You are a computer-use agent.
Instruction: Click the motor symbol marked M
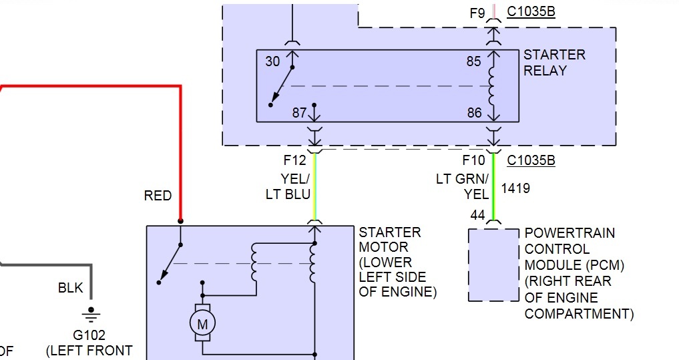202,323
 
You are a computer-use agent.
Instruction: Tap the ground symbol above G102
91,315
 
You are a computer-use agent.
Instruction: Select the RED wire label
158,196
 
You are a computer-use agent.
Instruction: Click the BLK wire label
70,288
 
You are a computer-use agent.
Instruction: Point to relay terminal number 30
272,61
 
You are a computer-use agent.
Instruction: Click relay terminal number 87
299,113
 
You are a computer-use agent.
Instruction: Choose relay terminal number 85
474,61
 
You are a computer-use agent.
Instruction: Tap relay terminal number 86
474,113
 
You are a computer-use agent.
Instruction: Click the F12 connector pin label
294,160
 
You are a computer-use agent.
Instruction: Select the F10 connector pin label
473,160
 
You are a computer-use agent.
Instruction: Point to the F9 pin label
477,13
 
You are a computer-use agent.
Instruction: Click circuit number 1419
515,188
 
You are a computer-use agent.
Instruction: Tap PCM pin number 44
477,215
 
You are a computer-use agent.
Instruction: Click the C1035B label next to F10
531,160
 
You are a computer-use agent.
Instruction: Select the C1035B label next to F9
531,11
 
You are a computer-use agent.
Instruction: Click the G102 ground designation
89,335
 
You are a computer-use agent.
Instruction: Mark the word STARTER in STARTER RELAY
554,55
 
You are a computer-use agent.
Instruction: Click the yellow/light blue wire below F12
315,187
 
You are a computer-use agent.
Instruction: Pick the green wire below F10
493,187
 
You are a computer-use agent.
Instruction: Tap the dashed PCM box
469,264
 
